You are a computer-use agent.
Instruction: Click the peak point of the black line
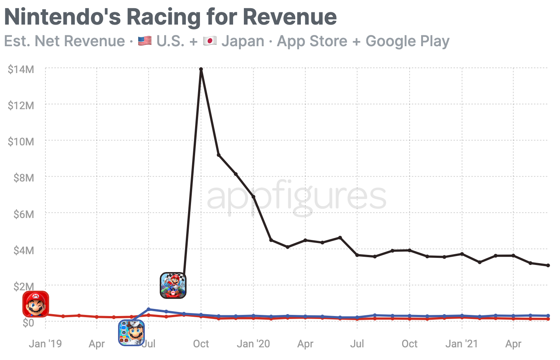tap(201, 69)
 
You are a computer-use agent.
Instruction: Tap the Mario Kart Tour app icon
tap(173, 285)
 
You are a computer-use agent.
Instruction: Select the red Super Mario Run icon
tap(36, 304)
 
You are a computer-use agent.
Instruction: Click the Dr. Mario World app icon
tap(131, 333)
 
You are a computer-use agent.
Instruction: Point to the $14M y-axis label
tap(21, 69)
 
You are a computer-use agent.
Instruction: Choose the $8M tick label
tap(23, 178)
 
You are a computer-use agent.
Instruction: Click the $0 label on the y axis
tap(28, 323)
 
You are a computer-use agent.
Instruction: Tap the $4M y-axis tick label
tap(23, 250)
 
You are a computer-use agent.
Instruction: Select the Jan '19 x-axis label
tap(45, 344)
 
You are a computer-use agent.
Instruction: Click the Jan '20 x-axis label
tap(253, 344)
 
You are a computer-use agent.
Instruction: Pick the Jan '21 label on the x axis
tap(461, 344)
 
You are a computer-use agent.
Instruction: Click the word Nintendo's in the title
tap(62, 17)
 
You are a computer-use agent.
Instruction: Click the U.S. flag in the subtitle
tap(144, 41)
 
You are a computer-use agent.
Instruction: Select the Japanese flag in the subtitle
tap(210, 41)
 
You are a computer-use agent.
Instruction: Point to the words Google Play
tap(407, 41)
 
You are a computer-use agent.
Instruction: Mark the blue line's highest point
tap(149, 309)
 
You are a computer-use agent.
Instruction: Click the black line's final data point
tap(548, 265)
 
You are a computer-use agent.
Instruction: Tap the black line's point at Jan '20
tap(254, 197)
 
